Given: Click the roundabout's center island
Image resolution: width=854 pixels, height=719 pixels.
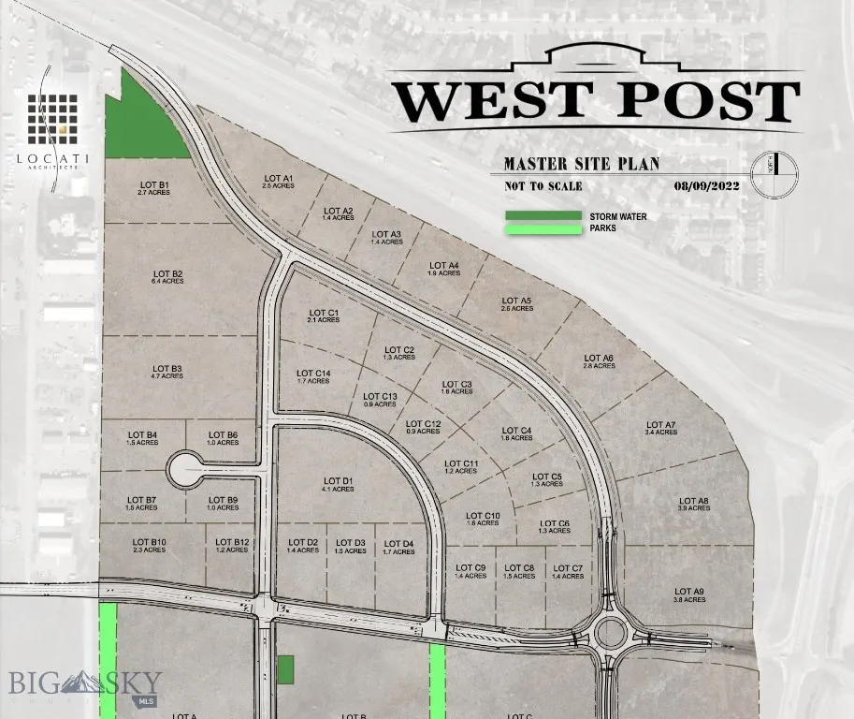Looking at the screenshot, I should click(x=611, y=634).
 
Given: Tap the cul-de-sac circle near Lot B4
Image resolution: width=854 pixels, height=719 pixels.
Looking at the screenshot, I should click(x=185, y=465).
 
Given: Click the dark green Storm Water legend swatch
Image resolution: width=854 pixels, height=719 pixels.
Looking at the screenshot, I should click(x=543, y=216).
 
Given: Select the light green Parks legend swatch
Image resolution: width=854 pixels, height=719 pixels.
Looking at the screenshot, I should click(x=543, y=228).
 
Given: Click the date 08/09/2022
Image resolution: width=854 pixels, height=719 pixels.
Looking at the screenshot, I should click(x=706, y=186).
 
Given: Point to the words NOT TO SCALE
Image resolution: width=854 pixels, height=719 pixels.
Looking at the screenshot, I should click(x=543, y=186).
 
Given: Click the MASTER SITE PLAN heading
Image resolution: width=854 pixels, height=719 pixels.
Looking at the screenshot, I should click(x=581, y=164).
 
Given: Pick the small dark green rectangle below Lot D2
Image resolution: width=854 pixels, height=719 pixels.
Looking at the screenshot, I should click(x=285, y=668).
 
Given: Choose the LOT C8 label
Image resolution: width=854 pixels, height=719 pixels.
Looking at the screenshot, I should click(x=519, y=571).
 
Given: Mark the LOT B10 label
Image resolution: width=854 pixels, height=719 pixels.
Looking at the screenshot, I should click(x=149, y=546).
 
